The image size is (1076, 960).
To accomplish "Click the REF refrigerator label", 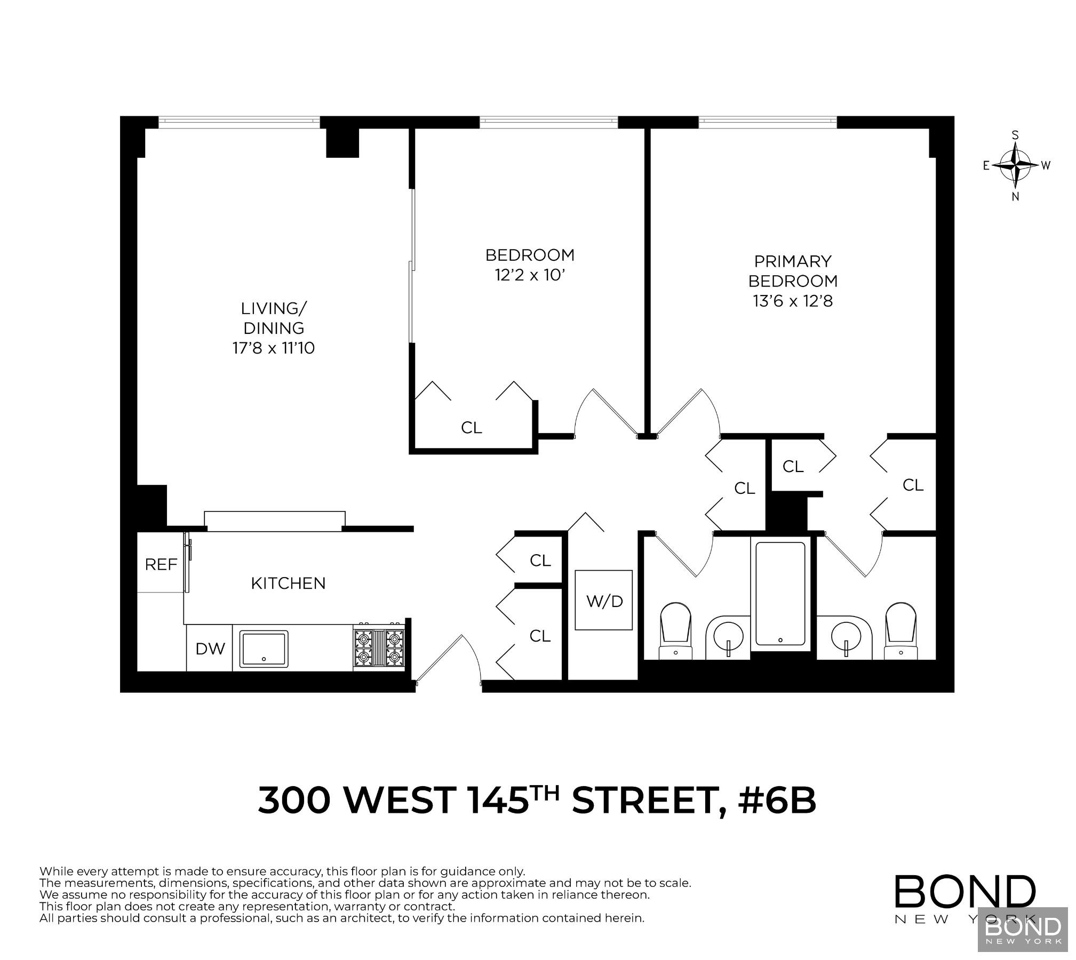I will [161, 565].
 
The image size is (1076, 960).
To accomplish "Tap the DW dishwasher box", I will [210, 649].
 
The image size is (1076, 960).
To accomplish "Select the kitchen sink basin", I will [264, 649].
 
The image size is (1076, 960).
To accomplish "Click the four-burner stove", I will [379, 647].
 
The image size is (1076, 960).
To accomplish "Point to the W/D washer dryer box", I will [604, 601].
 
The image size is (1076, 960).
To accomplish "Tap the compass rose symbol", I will [1015, 165].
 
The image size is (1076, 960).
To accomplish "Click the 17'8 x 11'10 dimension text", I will [273, 348].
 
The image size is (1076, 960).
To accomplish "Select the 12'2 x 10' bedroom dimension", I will [529, 276].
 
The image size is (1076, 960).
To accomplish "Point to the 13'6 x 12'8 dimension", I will [792, 301].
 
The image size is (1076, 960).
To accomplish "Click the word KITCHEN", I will [288, 583].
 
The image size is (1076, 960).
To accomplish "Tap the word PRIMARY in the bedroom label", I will [792, 261].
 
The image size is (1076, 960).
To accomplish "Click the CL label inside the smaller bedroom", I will [471, 428].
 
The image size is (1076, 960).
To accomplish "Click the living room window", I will [239, 122].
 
